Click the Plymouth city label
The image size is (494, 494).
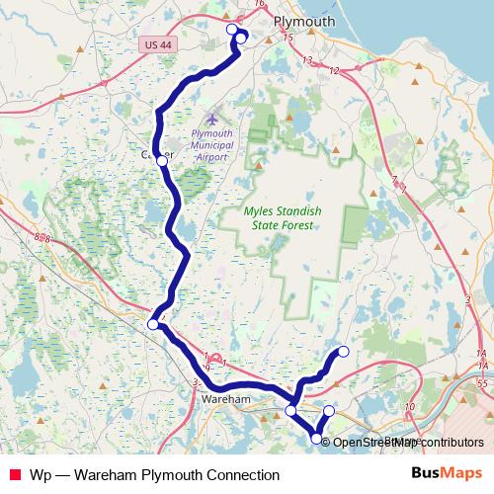303,21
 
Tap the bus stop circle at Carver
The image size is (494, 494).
162,159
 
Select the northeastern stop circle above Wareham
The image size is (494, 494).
344,352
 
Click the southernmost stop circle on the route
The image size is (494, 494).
317,439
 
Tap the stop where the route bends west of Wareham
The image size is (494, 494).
153,324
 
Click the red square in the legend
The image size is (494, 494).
14,475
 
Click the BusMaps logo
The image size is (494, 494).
453,474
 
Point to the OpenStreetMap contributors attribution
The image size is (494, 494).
407,442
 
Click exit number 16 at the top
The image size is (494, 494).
259,4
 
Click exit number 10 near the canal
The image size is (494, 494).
409,406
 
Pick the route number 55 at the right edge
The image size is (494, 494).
481,380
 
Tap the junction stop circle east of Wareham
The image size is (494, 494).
291,410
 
